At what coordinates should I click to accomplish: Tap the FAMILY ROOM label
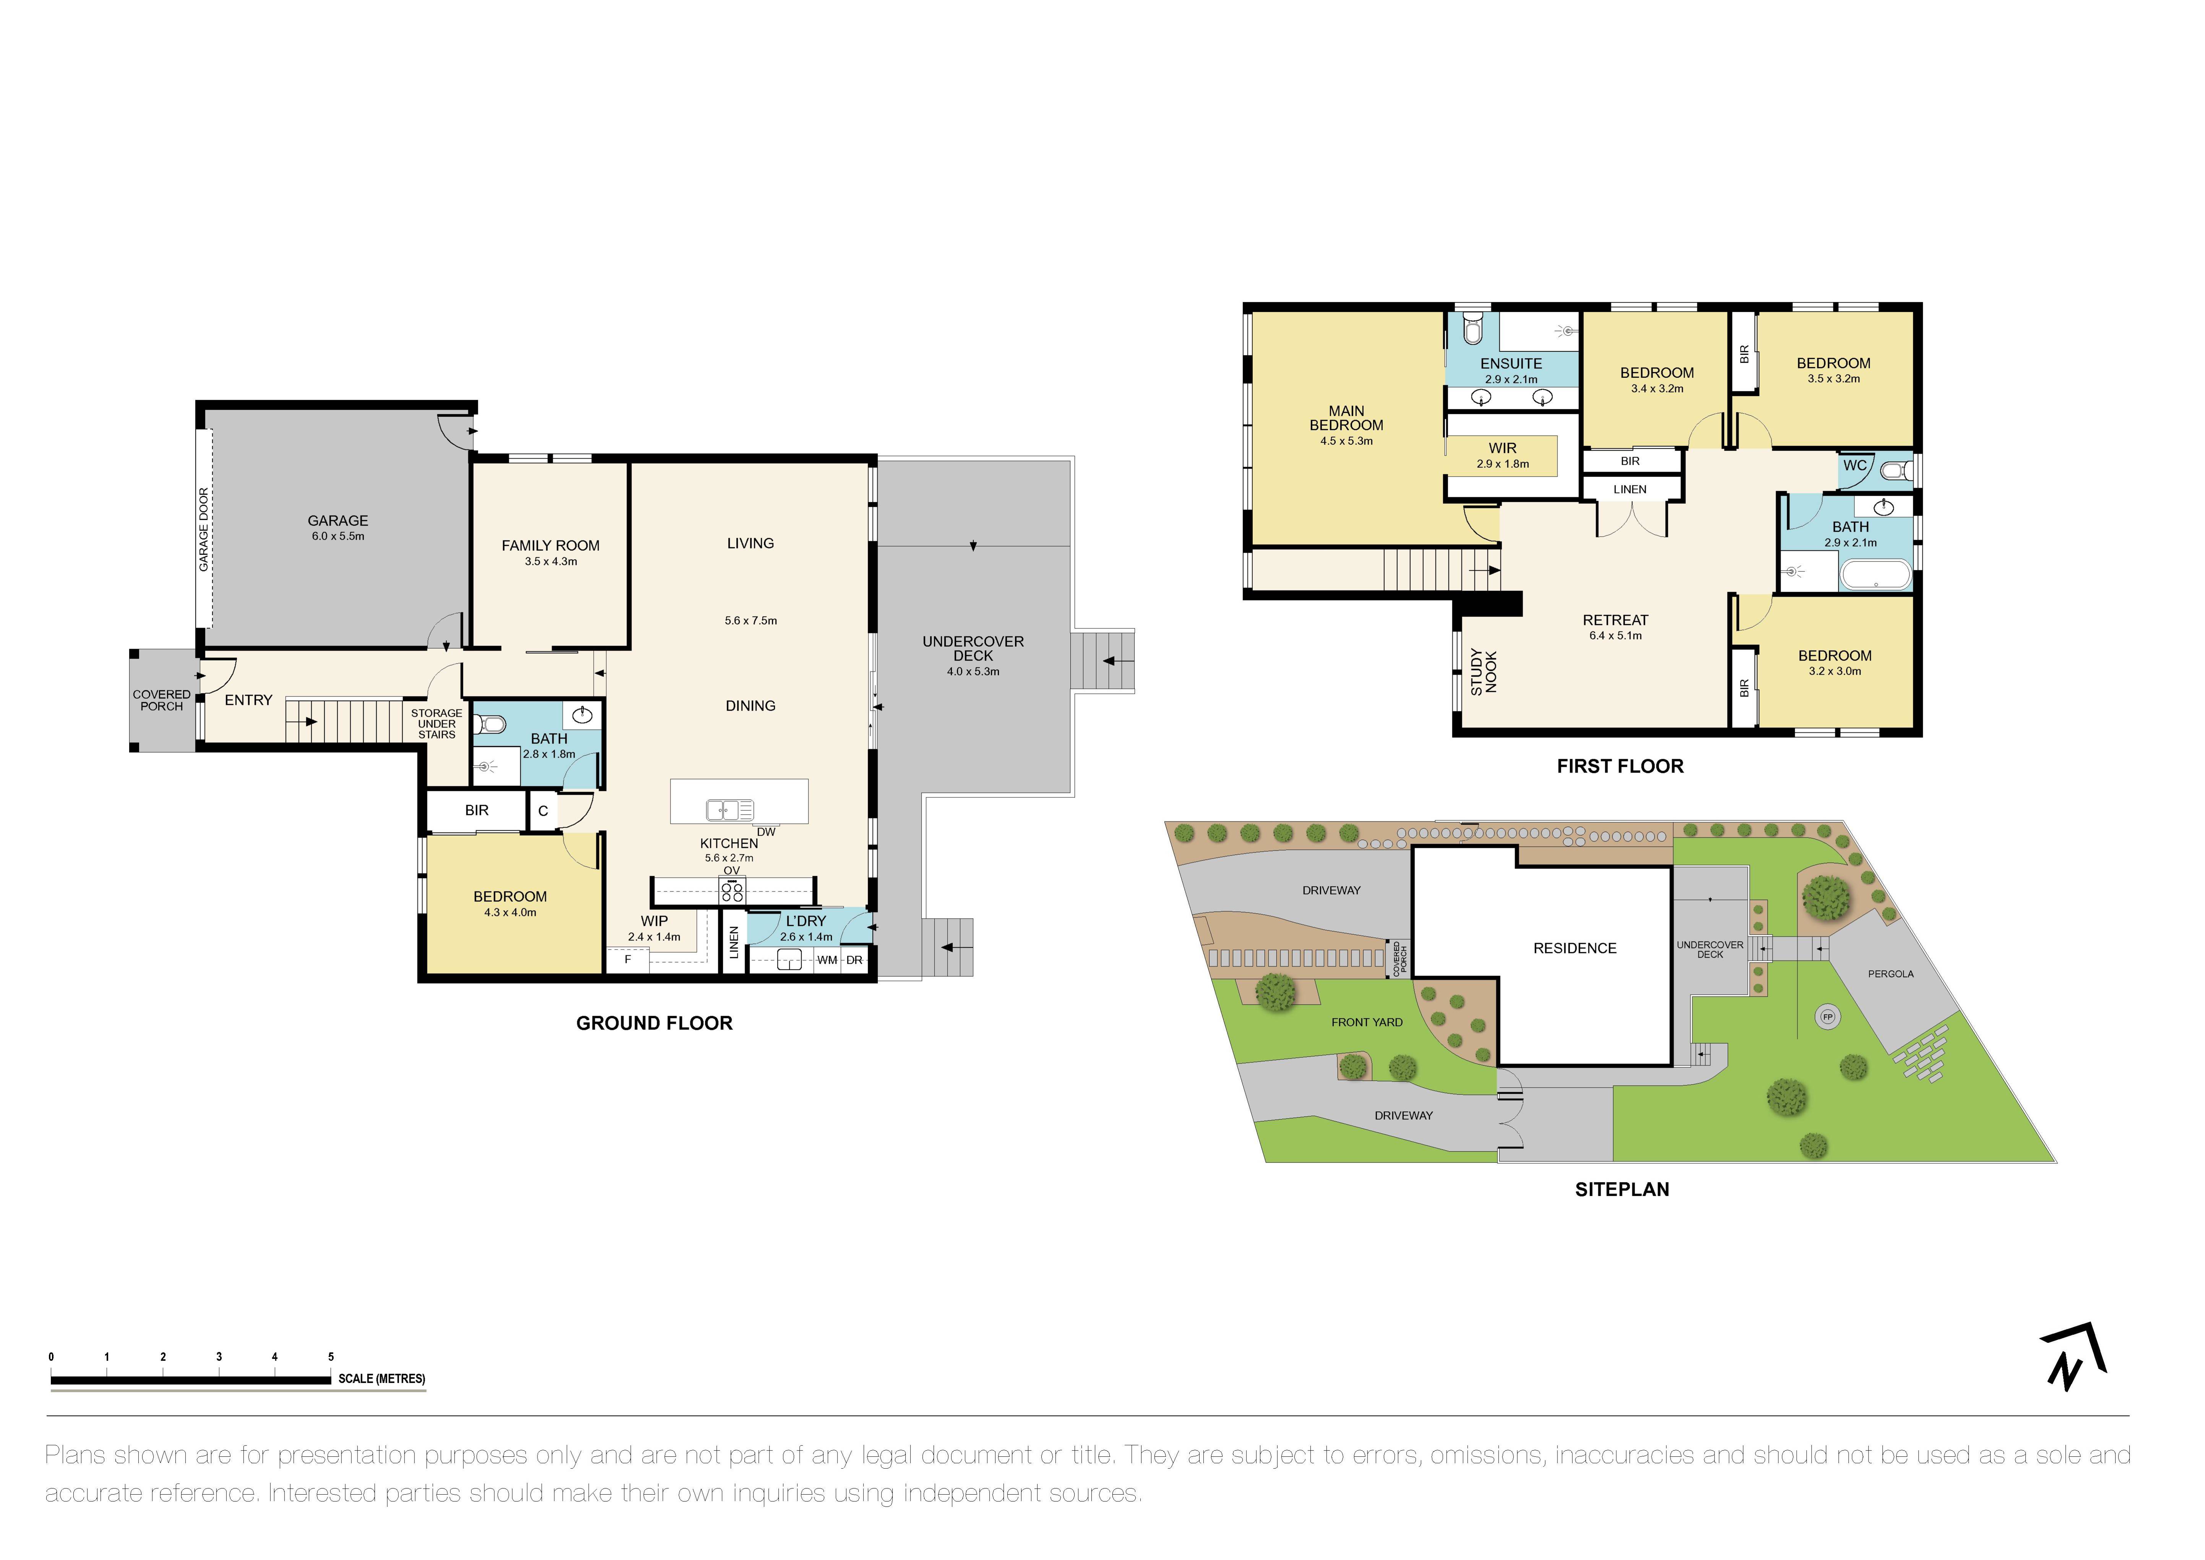[550, 546]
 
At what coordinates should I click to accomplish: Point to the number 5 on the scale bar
[330, 1357]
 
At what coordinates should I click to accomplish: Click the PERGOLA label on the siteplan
[1890, 974]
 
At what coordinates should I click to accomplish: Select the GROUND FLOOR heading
[654, 1023]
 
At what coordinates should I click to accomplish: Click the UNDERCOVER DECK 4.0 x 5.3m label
[973, 655]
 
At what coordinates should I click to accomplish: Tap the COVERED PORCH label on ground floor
[161, 700]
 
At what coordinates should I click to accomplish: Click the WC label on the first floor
[1854, 466]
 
